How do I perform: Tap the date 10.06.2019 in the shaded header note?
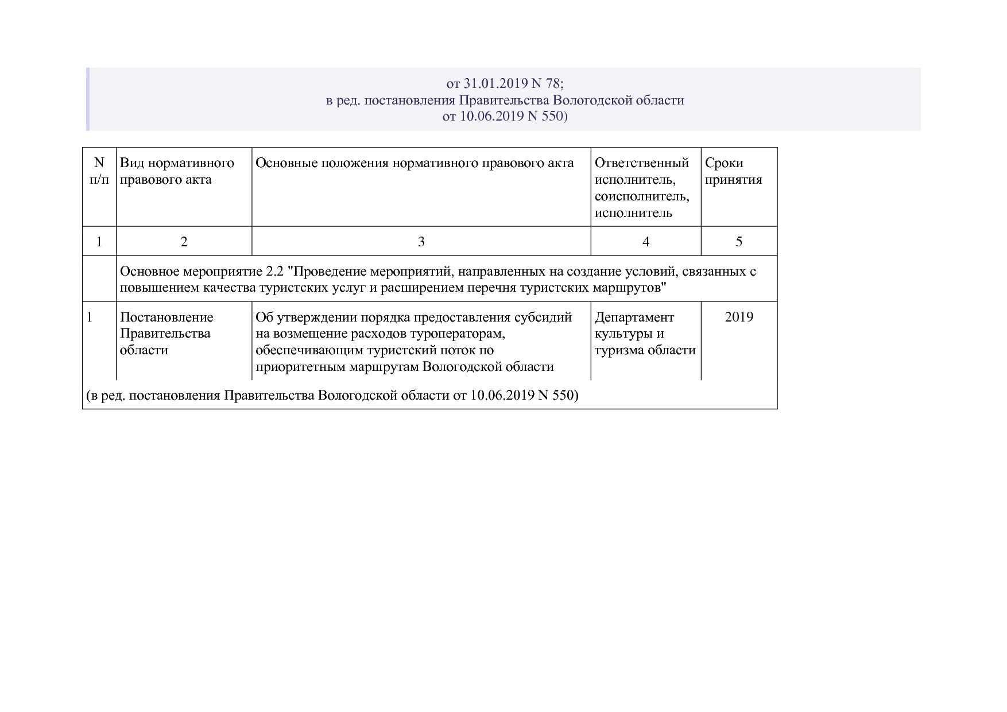point(491,117)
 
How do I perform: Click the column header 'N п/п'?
point(99,171)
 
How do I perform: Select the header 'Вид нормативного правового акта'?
point(177,171)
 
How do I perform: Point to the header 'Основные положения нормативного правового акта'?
point(415,163)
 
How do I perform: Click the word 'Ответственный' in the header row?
point(641,163)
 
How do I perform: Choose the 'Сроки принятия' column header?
point(733,171)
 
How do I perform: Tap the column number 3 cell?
point(421,242)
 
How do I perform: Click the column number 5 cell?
point(739,242)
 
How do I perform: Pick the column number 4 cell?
point(646,242)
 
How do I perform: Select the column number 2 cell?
point(184,242)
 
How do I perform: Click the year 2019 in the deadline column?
point(739,318)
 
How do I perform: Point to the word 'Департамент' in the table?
point(634,318)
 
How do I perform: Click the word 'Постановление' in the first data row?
point(166,318)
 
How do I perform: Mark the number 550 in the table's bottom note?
point(564,396)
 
